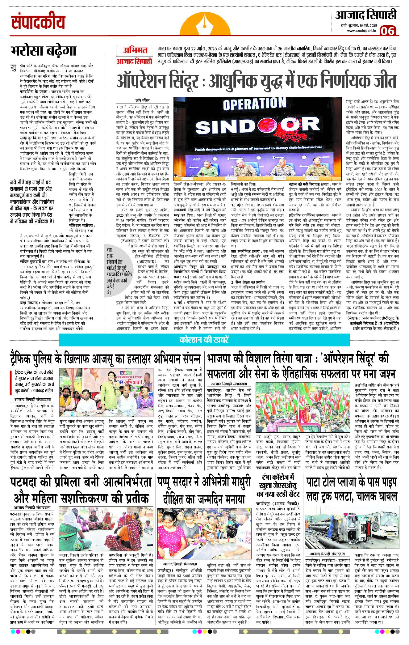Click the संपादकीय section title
[x=38, y=22]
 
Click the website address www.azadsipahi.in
[x=361, y=31]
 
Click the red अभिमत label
[x=135, y=50]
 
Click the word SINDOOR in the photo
[x=257, y=126]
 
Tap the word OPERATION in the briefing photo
[x=254, y=104]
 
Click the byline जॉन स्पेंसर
[x=143, y=100]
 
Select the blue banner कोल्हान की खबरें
[x=204, y=340]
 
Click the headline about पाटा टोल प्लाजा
[x=352, y=490]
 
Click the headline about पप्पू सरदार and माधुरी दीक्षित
[x=204, y=491]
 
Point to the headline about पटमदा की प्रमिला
[x=81, y=490]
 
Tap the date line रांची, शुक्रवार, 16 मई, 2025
[x=357, y=26]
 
